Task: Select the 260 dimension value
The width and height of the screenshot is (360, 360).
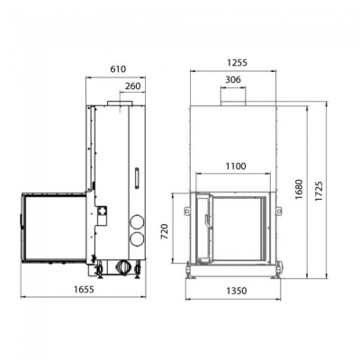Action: [x=132, y=86]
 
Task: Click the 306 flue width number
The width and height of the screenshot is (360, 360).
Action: [x=232, y=80]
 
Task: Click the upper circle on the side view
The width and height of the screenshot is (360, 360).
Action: [x=136, y=220]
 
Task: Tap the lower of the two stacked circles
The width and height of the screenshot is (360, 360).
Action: [x=136, y=239]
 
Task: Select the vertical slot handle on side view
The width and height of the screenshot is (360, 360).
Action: [x=136, y=176]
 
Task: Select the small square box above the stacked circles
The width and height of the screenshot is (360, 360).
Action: [x=102, y=211]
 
